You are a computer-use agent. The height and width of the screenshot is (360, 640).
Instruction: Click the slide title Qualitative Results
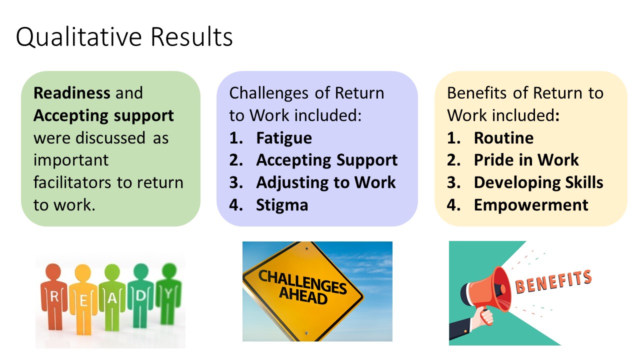point(124,37)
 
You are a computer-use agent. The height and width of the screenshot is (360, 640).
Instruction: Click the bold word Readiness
point(71,93)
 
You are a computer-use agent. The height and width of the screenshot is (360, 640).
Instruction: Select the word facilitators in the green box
point(71,182)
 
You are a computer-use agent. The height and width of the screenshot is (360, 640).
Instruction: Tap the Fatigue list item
point(284,138)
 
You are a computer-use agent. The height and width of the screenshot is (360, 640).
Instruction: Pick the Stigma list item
point(282,205)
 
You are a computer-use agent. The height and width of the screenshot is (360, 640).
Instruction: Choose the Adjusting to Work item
point(326,183)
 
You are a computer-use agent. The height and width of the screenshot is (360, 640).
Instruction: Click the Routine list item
point(503,138)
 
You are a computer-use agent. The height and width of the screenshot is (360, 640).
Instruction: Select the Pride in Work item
point(526,160)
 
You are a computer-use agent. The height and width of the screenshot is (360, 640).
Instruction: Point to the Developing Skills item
point(538,183)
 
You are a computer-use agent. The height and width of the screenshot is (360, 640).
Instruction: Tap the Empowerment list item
point(531,205)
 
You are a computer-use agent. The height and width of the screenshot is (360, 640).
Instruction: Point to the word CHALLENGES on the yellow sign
point(302,281)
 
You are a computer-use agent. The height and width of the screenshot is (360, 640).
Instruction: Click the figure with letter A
point(112,297)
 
